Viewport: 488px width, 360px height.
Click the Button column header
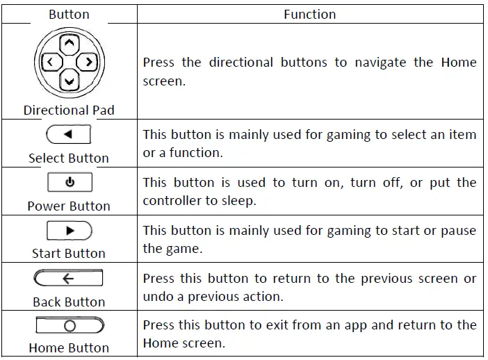[x=69, y=14]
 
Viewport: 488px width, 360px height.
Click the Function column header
[x=309, y=14]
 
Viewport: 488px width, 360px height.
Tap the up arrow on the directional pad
[x=68, y=44]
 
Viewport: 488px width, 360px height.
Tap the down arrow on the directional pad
[x=68, y=82]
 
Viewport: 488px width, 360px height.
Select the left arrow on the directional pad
[x=50, y=63]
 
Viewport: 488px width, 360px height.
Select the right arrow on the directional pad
[x=87, y=63]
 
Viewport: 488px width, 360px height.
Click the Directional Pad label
[x=69, y=110]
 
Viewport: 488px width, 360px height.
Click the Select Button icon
[x=69, y=134]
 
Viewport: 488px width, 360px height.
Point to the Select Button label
[x=69, y=158]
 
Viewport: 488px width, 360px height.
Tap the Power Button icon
[x=69, y=183]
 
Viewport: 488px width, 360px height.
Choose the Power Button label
[x=69, y=206]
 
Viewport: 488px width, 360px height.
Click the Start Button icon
[x=69, y=231]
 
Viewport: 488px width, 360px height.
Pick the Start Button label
[x=69, y=253]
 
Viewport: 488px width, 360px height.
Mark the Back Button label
[x=69, y=302]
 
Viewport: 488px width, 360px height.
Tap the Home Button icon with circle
[x=69, y=325]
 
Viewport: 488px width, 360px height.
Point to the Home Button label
[x=69, y=347]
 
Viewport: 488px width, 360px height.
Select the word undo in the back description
[x=157, y=296]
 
